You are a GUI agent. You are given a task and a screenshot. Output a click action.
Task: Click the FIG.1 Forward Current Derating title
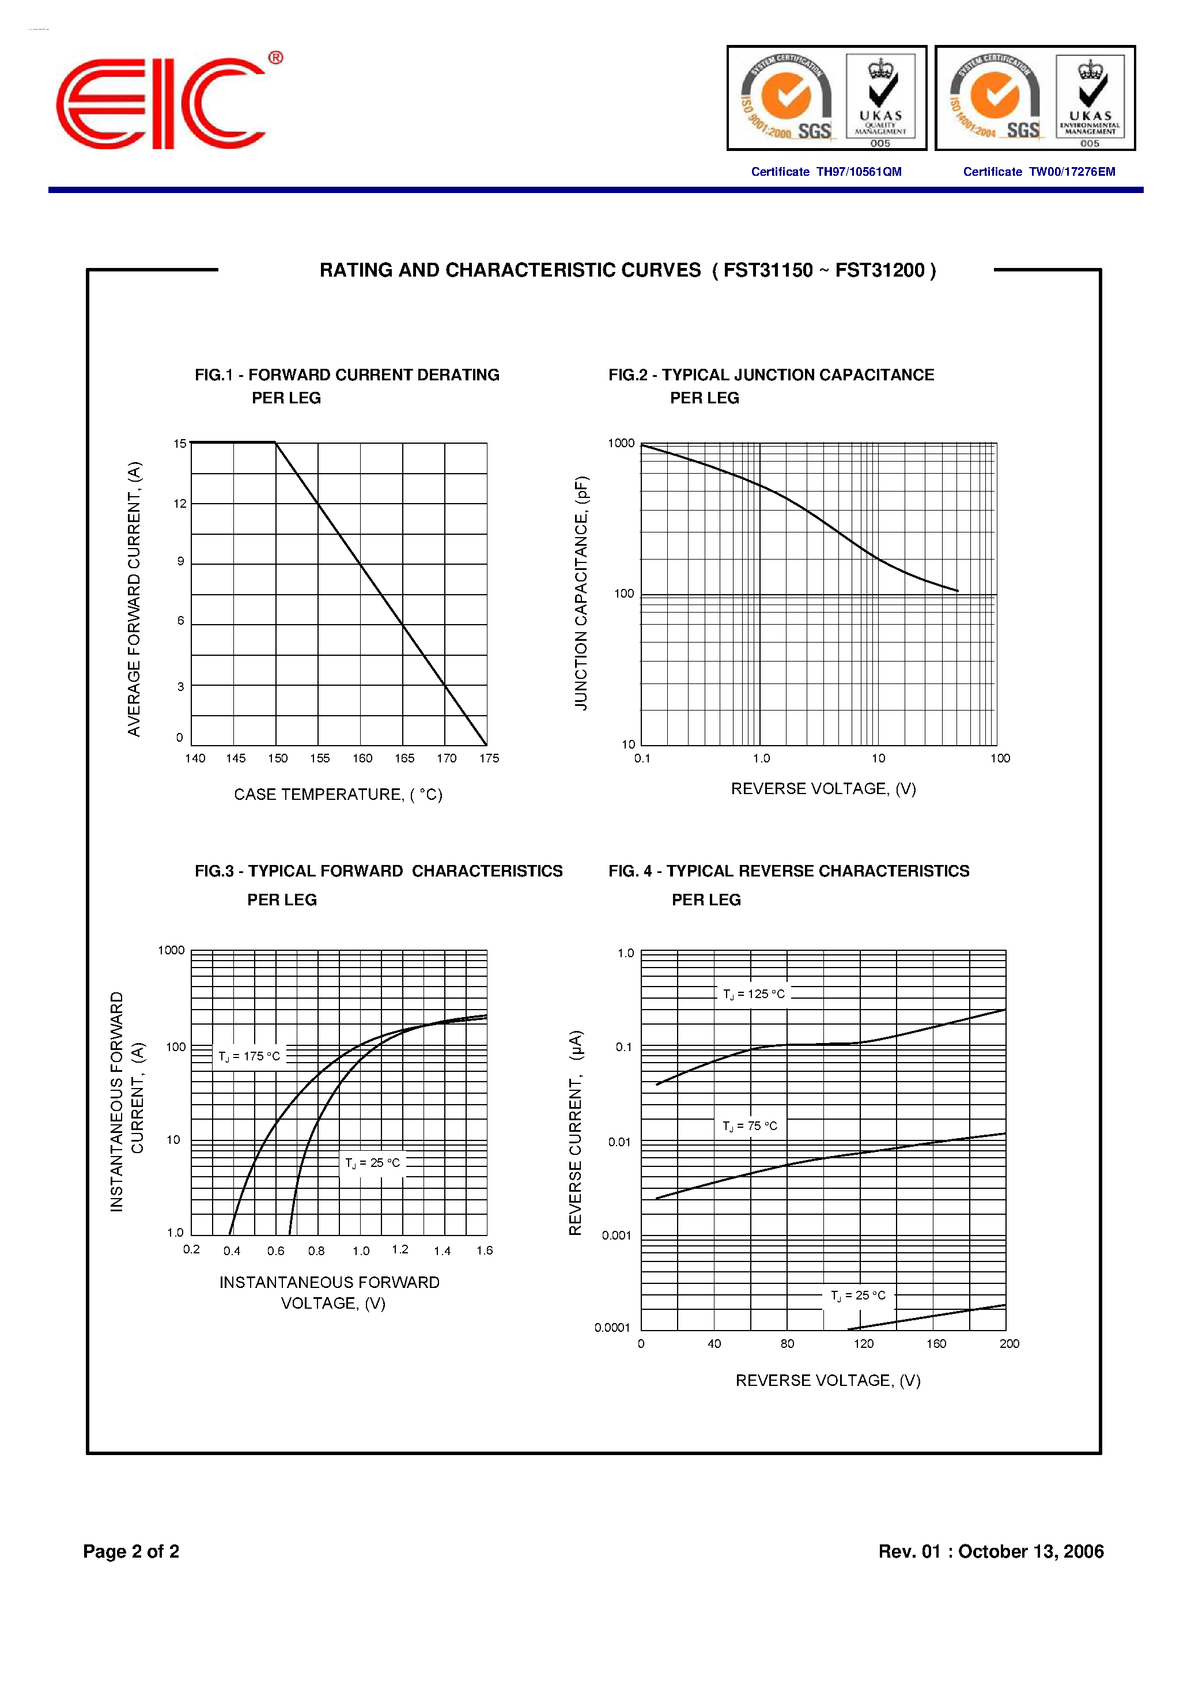point(346,375)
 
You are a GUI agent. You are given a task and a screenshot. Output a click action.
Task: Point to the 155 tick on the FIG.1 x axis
point(320,759)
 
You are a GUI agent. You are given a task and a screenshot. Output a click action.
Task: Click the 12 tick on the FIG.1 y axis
point(180,504)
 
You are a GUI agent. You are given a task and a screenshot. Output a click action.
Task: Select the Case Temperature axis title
point(338,795)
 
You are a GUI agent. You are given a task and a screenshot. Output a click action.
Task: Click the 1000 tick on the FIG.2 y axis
point(621,443)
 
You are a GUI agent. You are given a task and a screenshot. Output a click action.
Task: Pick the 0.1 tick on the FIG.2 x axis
point(642,759)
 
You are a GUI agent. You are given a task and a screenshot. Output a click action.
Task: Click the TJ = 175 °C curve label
point(249,1057)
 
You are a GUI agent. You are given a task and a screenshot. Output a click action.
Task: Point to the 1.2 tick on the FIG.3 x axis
point(400,1250)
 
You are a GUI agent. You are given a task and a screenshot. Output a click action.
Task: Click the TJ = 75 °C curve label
point(750,1127)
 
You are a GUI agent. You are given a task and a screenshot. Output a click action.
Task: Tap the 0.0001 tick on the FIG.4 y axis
point(612,1328)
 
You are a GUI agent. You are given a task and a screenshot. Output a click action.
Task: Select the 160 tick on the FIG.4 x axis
point(936,1344)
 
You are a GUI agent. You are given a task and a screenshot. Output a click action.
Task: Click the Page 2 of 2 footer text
point(131,1551)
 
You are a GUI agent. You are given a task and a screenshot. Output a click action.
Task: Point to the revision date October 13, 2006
point(1030,1551)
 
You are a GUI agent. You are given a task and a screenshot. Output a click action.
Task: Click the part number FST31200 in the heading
point(880,271)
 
